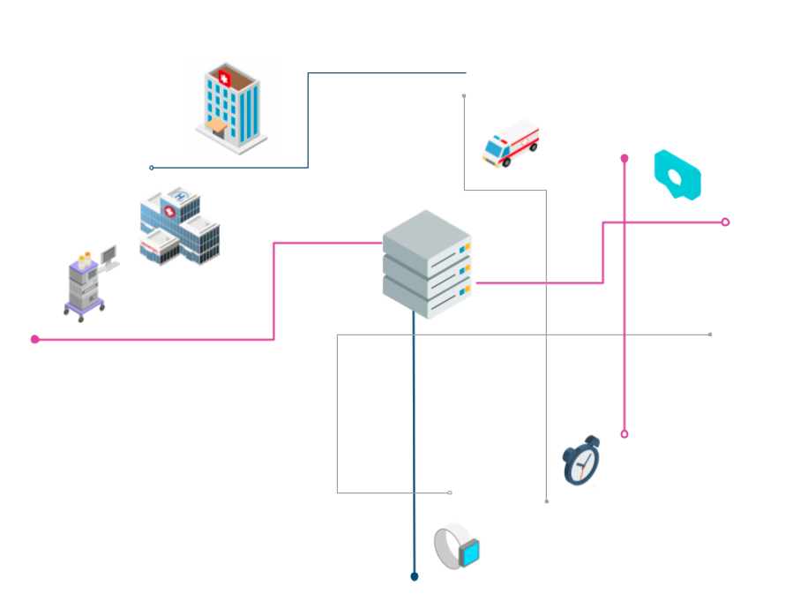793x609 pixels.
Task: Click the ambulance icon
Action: (510, 143)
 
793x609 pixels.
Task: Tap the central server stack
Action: (427, 265)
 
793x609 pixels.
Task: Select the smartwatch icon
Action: (457, 545)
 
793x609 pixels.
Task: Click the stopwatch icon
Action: (581, 462)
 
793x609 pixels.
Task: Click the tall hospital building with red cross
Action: (231, 108)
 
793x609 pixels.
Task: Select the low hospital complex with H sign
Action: (180, 227)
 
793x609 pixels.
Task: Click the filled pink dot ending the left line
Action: (34, 339)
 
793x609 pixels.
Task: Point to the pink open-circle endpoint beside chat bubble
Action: (725, 222)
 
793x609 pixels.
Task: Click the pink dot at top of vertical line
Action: (624, 158)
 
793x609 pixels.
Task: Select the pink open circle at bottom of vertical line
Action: (624, 434)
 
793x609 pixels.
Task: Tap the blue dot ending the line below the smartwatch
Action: (414, 576)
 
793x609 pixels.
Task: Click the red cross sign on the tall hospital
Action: (223, 80)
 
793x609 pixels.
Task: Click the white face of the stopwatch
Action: (580, 466)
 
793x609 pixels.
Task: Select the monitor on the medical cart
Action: (108, 255)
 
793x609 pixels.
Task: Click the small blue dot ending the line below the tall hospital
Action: (152, 168)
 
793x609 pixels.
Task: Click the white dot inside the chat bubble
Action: (676, 177)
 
